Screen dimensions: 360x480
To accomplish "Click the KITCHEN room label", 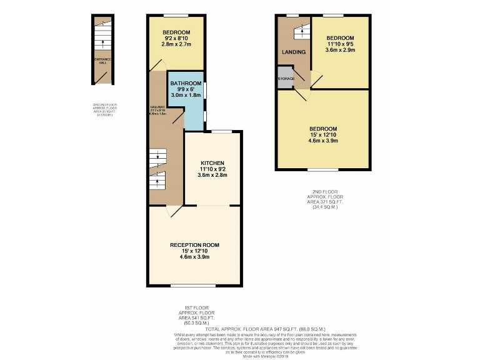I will [212, 163].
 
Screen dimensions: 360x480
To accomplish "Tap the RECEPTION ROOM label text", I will [194, 245].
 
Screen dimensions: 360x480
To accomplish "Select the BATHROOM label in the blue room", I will [186, 83].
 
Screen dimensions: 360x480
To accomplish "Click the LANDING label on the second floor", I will [294, 52].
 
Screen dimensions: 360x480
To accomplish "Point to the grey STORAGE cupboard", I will [286, 79].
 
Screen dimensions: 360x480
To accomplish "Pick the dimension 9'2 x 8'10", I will [176, 38].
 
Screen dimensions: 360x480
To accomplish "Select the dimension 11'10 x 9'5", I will [340, 44].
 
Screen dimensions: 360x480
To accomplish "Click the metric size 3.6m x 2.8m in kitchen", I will [212, 175].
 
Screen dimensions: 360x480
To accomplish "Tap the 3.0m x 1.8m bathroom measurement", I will [186, 95].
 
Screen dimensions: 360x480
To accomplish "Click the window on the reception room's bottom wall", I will [188, 286].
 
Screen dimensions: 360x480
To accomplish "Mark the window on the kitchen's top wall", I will [221, 131].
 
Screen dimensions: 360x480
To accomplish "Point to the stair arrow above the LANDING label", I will [301, 30].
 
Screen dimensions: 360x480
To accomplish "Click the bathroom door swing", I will [177, 116].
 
